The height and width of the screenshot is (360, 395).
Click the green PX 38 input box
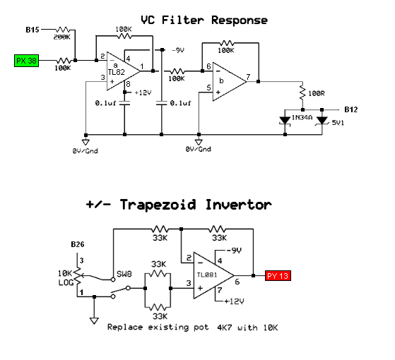(x=26, y=61)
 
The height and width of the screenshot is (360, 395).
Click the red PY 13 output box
(x=278, y=276)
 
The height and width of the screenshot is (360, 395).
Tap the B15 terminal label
(x=33, y=30)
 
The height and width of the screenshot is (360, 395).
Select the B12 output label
(x=351, y=109)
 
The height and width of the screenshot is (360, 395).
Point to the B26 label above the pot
(x=78, y=244)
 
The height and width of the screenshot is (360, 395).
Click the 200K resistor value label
(x=61, y=37)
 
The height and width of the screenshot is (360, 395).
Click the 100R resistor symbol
(x=302, y=93)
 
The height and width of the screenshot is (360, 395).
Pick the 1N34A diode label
(x=302, y=117)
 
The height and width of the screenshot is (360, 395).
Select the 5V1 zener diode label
(x=338, y=123)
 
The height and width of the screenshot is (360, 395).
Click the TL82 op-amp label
(x=117, y=72)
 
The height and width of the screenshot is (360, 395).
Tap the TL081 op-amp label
(x=207, y=275)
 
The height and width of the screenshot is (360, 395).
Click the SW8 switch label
(x=124, y=274)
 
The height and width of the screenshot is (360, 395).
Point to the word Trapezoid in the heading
(x=158, y=205)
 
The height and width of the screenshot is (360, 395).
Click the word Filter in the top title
(x=182, y=20)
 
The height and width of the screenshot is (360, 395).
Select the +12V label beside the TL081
(x=234, y=301)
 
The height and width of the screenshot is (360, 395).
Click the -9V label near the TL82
(x=178, y=51)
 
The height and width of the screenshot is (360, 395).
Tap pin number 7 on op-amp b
(x=248, y=76)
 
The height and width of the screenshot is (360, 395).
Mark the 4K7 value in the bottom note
(x=225, y=328)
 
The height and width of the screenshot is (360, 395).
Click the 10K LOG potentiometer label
(x=66, y=277)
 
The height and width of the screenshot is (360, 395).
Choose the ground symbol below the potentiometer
(x=94, y=320)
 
